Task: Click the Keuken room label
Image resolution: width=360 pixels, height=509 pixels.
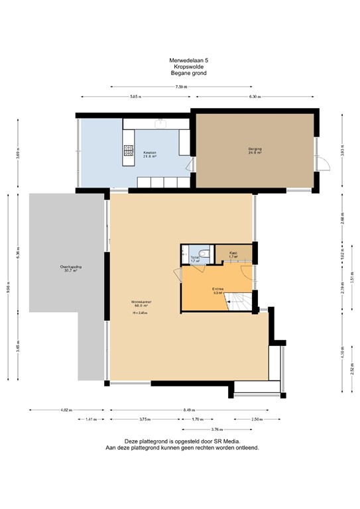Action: pos(150,154)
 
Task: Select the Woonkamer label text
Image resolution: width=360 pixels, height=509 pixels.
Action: pos(141,302)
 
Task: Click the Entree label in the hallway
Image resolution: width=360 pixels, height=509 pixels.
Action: pos(217,289)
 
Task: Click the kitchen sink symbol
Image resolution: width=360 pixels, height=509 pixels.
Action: pos(160,123)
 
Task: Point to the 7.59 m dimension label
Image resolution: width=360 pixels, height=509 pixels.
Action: pos(180,87)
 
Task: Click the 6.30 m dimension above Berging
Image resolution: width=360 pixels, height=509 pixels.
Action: pos(255,97)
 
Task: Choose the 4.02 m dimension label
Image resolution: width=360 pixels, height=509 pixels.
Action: pos(65,410)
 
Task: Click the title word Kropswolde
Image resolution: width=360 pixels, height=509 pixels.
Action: pos(180,67)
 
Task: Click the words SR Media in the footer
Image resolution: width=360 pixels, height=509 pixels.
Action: pos(225,441)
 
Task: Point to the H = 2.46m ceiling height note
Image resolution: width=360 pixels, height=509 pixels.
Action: pos(139,313)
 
